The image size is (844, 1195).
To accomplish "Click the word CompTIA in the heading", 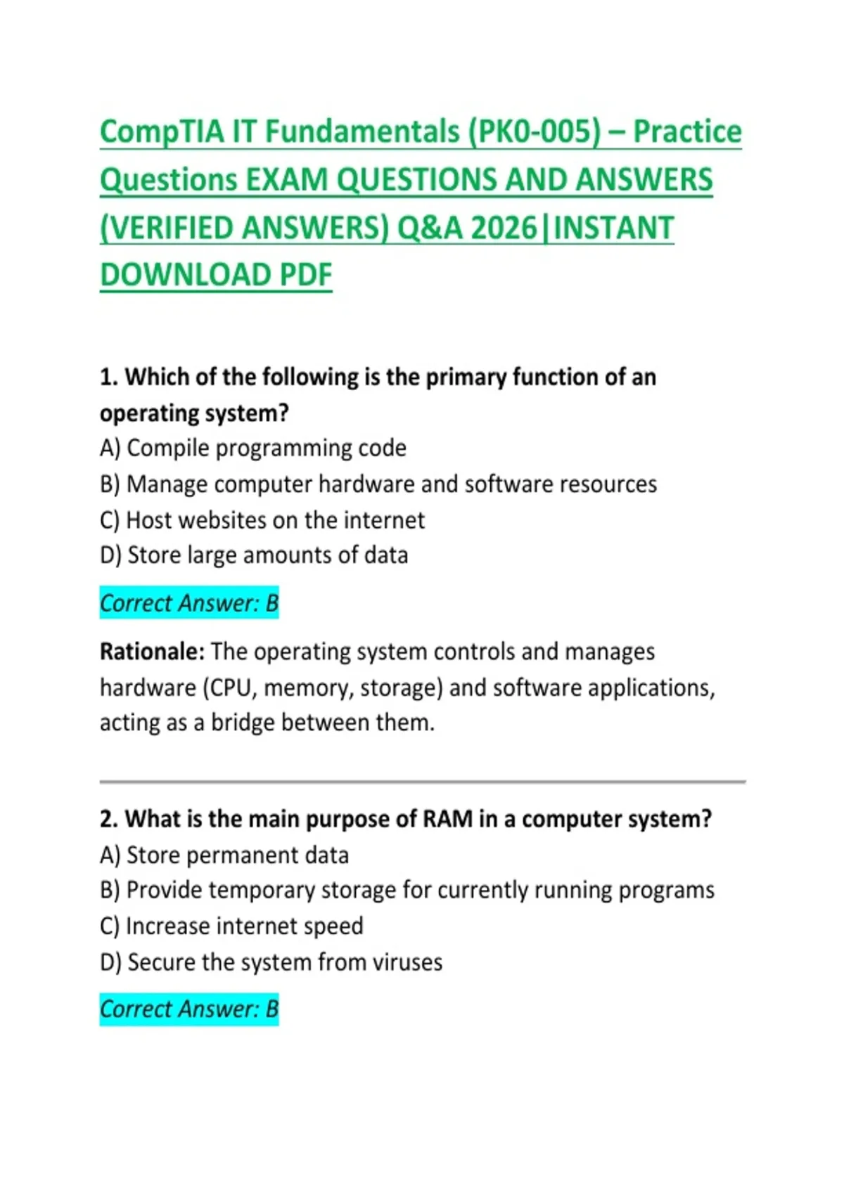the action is point(162,133).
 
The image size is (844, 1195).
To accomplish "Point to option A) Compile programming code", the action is point(253,448).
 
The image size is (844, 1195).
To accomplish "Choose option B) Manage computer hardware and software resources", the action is point(378,484).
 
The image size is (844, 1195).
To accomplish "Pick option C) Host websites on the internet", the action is point(262,520).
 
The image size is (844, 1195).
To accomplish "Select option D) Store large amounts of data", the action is point(254,555).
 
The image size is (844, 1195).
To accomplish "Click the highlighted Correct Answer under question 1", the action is point(189,603).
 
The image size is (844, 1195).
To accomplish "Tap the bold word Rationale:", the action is point(152,652).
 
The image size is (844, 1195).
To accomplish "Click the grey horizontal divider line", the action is point(422,782).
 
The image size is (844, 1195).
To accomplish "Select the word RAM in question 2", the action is point(447,820).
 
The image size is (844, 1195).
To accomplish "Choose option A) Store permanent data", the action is point(224,855).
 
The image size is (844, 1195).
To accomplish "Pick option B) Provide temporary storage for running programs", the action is point(407,891).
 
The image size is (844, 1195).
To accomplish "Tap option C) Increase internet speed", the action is point(231,926).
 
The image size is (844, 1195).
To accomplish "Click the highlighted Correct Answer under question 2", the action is point(189,1009).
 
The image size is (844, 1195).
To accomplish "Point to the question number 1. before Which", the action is point(109,377).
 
